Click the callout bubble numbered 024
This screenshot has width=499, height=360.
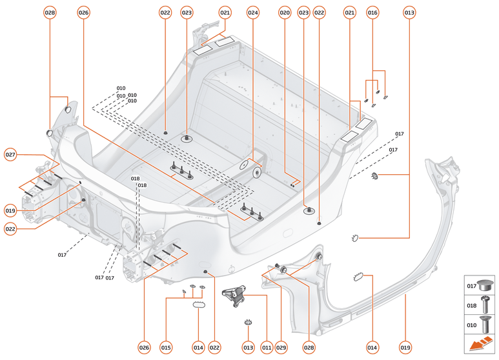point(253,12)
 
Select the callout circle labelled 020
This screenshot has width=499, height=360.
point(285,12)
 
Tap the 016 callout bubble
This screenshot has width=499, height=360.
point(372,12)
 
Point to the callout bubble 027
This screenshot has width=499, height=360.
point(10,155)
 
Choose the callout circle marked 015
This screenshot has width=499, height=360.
point(166,348)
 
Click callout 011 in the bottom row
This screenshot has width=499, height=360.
point(267,348)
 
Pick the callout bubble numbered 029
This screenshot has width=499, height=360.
point(281,348)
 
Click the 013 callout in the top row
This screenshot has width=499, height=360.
point(409,12)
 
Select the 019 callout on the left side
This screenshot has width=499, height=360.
point(10,210)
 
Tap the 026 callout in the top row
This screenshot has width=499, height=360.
point(83,12)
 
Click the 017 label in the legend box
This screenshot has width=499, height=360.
point(472,285)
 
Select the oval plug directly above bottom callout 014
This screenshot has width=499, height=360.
point(198,304)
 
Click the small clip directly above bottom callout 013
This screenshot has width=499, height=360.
point(247,322)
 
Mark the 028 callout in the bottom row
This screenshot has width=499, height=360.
point(309,348)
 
